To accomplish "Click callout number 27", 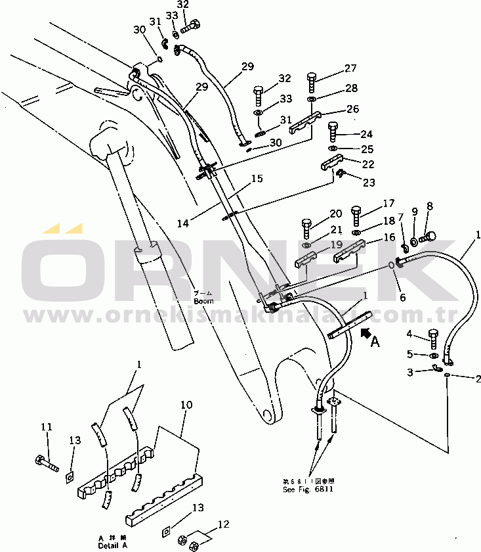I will pyautogui.click(x=350, y=68).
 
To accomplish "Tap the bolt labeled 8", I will pyautogui.click(x=429, y=236).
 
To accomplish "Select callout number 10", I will pyautogui.click(x=186, y=405).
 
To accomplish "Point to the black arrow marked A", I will pyautogui.click(x=367, y=334).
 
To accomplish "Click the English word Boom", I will pyautogui.click(x=203, y=301).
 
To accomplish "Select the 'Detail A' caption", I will pyautogui.click(x=108, y=546).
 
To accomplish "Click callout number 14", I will pyautogui.click(x=182, y=223).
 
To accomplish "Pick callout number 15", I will pyautogui.click(x=256, y=178).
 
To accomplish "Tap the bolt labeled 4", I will pyautogui.click(x=434, y=338).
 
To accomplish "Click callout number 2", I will pyautogui.click(x=478, y=379).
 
